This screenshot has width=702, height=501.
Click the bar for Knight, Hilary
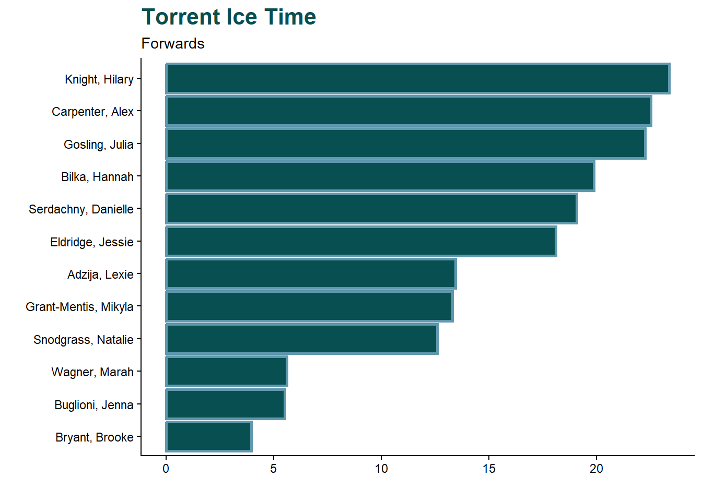418,79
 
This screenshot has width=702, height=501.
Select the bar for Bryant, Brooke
209,437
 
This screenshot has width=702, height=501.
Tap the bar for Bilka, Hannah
380,176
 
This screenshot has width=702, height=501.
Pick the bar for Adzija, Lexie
311,274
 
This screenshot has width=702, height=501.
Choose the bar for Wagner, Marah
227,372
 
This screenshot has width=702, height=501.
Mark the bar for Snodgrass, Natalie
302,339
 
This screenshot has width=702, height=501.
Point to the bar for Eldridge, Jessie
361,242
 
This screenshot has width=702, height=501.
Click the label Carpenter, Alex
92,112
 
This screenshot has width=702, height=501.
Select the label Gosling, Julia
98,145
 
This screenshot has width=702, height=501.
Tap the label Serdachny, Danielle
81,209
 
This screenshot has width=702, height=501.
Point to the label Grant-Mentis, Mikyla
79,307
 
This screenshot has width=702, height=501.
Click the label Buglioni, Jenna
93,405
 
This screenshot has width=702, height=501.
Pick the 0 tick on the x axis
166,469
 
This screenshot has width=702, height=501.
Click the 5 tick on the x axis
274,469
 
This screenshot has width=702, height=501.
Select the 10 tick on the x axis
381,469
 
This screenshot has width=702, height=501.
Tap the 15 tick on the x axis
489,469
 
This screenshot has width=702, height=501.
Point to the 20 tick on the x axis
596,469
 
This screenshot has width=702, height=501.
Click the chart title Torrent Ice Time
229,17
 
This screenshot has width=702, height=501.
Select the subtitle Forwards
173,43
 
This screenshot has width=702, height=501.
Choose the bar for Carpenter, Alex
408,111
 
